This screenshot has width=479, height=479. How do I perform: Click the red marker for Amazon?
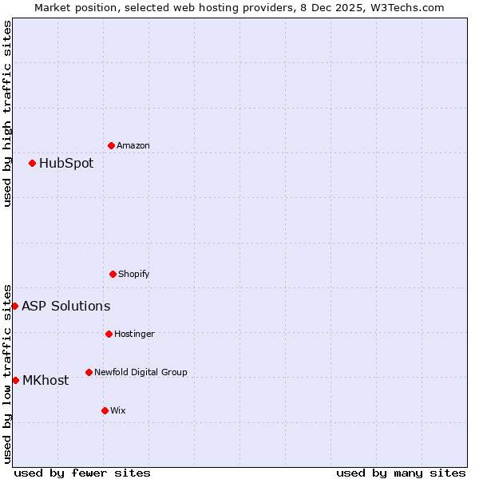111,145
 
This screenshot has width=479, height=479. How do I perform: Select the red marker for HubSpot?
32,163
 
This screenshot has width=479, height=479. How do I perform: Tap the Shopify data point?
113,274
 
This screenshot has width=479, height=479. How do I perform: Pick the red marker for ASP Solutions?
14,306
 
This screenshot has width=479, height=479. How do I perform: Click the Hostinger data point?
109,334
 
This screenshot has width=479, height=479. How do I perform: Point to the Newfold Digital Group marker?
89,372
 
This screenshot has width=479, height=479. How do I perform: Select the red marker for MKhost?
15,380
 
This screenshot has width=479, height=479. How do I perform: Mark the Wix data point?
105,410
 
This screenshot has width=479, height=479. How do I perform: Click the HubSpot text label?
66,164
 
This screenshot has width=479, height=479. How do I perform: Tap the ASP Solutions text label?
65,307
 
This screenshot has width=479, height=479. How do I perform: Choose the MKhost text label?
46,381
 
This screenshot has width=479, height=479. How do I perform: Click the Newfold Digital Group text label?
141,372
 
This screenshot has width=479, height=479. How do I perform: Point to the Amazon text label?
133,146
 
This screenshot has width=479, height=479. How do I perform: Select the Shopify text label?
134,275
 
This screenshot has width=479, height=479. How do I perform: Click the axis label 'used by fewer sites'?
82,473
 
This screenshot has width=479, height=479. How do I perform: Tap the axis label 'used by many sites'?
401,473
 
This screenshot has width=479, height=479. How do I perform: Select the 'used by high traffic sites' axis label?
8,113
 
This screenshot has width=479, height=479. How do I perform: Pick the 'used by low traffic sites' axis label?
8,373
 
